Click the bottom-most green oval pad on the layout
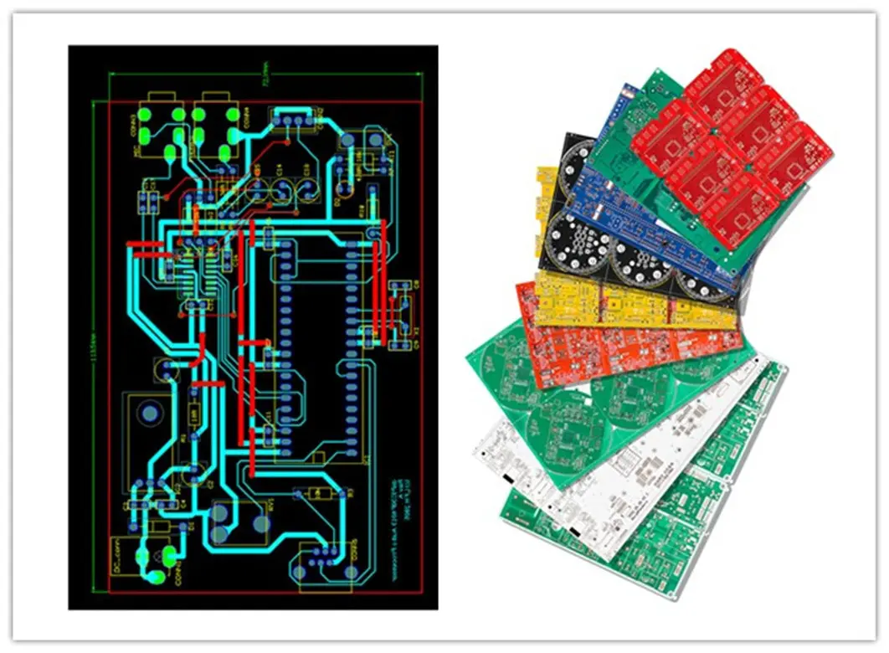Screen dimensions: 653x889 [155, 578]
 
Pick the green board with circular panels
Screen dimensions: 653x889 [578, 393]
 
